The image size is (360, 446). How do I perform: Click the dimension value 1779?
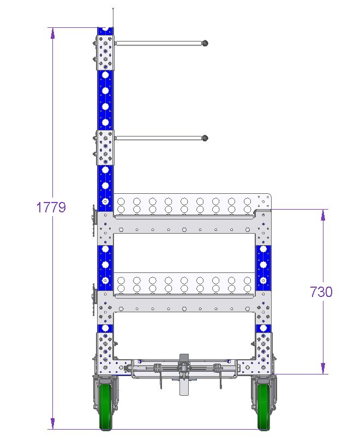click(x=51, y=207)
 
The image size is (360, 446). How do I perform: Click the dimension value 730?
click(x=321, y=292)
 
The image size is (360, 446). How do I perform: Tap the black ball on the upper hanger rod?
click(x=205, y=43)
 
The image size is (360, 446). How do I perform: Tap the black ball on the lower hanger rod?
click(x=205, y=138)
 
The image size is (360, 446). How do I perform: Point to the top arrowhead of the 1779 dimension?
click(x=52, y=33)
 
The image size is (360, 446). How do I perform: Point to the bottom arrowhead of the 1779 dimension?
click(x=52, y=424)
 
